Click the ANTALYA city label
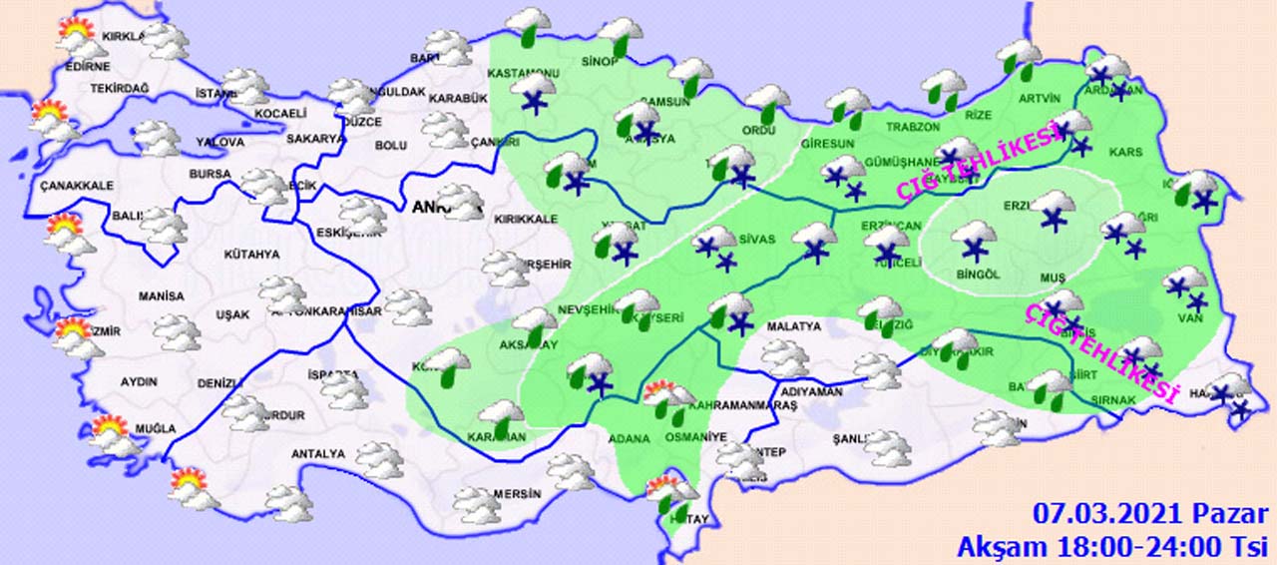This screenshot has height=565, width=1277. tap(317, 454)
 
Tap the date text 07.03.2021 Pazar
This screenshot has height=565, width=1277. tap(1150, 515)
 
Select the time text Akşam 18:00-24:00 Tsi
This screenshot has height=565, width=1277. tap(1111, 546)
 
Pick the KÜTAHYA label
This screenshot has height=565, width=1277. tap(251, 255)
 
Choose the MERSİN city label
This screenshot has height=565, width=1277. tap(518, 493)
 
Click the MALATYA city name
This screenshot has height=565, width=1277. tap(794, 326)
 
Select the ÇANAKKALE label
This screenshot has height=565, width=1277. tap(77, 186)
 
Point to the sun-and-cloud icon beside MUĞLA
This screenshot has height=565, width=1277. tap(111, 434)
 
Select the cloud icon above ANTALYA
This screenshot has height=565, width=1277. tap(379, 459)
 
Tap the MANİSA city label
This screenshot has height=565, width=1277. tap(161, 296)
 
